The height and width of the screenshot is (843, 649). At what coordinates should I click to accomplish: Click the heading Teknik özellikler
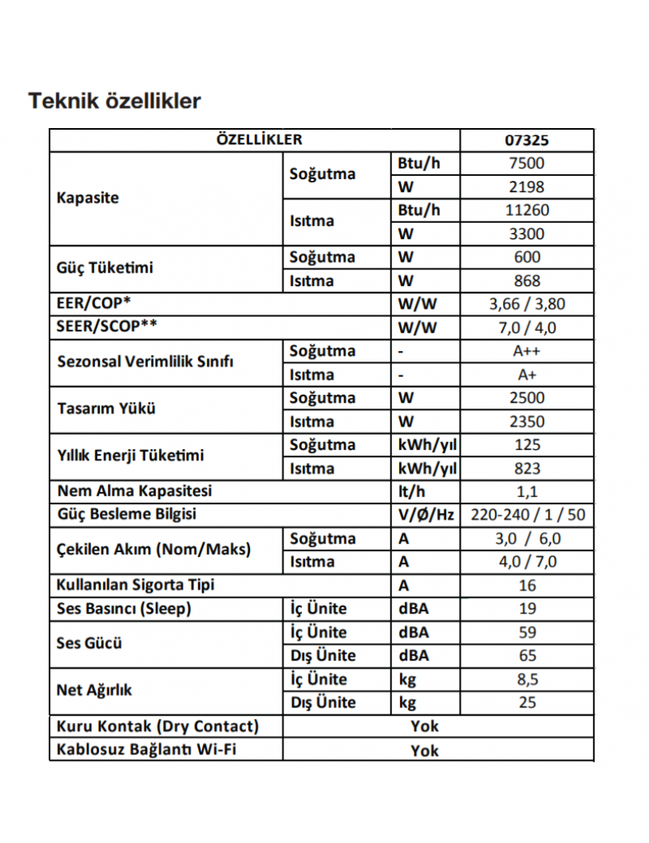(x=114, y=101)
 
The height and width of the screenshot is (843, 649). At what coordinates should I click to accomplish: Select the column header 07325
(x=527, y=139)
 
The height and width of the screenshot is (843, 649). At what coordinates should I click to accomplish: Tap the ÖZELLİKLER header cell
(x=259, y=139)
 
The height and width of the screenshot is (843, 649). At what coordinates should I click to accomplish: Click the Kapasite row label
(x=88, y=198)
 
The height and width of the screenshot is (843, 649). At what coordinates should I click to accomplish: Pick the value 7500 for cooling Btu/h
(x=527, y=163)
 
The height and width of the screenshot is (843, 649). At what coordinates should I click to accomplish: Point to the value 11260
(x=527, y=210)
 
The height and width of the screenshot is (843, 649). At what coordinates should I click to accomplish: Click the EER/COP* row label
(x=94, y=304)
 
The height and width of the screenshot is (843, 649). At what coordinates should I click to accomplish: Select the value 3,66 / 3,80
(x=527, y=305)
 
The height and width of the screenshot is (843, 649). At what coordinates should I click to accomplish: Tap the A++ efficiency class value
(x=527, y=351)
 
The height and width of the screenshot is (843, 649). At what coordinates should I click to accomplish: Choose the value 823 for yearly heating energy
(x=527, y=469)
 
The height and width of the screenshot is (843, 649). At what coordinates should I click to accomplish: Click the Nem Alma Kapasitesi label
(x=135, y=491)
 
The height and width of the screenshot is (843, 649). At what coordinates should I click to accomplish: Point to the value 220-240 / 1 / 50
(x=527, y=515)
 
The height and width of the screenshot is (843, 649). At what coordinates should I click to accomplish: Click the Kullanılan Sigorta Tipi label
(x=135, y=584)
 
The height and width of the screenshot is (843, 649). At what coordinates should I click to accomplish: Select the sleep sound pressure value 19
(x=527, y=609)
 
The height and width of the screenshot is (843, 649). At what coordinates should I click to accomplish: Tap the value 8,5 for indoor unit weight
(x=527, y=679)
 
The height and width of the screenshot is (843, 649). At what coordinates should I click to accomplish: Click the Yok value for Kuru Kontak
(x=423, y=726)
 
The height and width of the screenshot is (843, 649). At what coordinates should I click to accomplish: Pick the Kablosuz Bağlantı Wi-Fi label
(x=146, y=749)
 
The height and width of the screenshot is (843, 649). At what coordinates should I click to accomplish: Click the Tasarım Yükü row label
(x=106, y=409)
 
